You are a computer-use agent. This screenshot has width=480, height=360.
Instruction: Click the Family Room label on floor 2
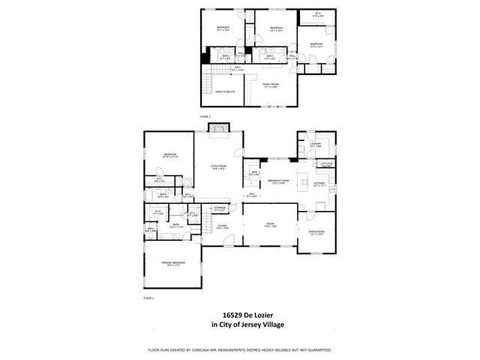coord(270,86)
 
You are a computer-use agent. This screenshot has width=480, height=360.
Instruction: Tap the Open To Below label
coord(225,92)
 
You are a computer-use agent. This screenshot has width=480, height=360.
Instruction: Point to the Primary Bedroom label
coord(172,263)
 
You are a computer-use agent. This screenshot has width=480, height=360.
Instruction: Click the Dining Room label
coord(316,233)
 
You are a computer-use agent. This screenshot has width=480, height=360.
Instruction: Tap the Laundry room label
coord(315,145)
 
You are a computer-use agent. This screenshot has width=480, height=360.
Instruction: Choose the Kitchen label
coord(319,184)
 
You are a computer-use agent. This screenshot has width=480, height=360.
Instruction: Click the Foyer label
coord(223,226)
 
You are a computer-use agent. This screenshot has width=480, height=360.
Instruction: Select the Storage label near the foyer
coord(219,208)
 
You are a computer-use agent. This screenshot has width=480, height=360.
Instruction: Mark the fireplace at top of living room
coord(218,128)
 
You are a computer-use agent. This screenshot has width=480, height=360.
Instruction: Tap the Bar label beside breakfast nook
coord(254,174)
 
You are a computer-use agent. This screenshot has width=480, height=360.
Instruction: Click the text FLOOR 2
coord(205,118)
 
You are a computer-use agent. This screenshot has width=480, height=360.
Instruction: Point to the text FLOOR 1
coord(148,298)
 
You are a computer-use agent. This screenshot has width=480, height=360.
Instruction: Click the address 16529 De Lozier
coord(240,316)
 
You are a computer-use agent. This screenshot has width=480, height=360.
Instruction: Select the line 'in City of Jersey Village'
coord(240,325)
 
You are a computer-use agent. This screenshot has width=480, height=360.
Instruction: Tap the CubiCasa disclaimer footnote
coord(240,350)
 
